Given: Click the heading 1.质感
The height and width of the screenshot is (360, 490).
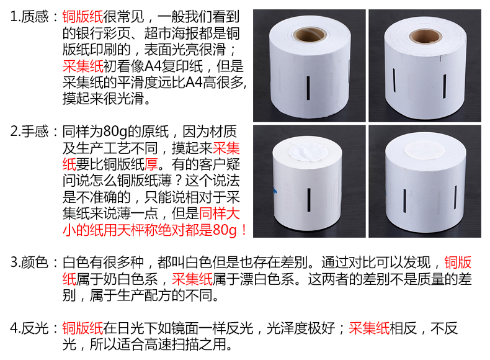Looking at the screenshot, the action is coord(29,17).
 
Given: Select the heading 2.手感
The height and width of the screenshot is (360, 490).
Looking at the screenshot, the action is coord(29,132).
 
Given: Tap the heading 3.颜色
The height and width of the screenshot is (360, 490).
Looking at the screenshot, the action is coord(29,262).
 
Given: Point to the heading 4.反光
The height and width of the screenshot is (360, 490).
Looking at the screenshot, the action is coord(29,328).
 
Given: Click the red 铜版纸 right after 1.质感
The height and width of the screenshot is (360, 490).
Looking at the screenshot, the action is coord(82,17).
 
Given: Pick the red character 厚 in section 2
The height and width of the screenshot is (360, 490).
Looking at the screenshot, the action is coord(151,164).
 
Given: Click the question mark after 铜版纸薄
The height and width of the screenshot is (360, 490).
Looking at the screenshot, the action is coord(178,181).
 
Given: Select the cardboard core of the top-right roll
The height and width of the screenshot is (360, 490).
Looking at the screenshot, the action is coord(425,36).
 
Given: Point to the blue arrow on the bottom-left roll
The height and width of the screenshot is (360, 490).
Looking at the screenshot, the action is coord(275,190).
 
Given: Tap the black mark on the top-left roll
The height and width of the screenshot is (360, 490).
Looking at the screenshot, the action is coord(308,88).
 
